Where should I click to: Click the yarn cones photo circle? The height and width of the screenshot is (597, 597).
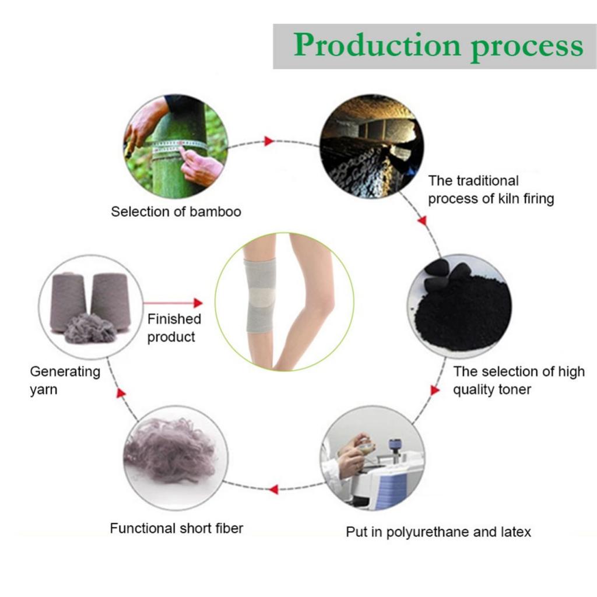pos(90,305)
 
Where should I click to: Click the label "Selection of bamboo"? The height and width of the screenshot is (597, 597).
pos(175,212)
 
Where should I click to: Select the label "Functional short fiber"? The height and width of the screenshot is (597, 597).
pos(176,529)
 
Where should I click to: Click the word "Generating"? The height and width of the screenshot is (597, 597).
pos(65,372)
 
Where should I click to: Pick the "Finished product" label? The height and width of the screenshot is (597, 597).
pos(173,328)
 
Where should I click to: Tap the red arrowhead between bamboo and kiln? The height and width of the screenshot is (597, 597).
pos(269,141)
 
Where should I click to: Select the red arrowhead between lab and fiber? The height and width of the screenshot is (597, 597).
pos(272,489)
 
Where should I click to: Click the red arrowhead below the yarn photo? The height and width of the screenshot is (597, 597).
pos(121,393)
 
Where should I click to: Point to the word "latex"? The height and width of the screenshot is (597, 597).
pos(514,532)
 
